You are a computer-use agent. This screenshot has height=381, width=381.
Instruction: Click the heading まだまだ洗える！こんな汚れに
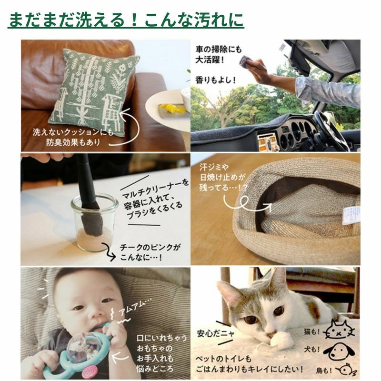tap(126, 20)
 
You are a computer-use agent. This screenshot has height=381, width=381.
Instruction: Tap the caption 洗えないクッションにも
tap(73, 132)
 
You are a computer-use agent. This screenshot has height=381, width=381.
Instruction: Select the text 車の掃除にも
tap(219, 50)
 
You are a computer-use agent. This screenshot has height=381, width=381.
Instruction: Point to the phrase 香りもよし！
tap(216, 80)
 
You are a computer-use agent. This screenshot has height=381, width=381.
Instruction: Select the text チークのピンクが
tap(150, 247)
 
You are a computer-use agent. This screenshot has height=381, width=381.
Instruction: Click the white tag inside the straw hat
tap(351, 215)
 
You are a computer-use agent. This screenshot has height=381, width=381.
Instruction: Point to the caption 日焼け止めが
tap(222, 177)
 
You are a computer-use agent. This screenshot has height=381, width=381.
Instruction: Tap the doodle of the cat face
tap(340, 330)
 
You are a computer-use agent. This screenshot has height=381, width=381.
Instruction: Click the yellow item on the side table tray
tap(170, 108)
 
